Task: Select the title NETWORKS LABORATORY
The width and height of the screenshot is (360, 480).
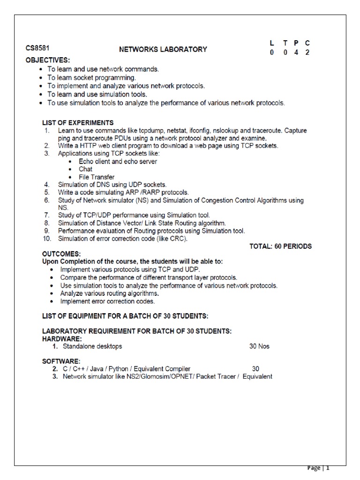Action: pyautogui.click(x=163, y=49)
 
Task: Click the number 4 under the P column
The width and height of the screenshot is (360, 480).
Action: pyautogui.click(x=296, y=52)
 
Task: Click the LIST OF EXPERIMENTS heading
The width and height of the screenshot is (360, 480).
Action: pyautogui.click(x=78, y=123)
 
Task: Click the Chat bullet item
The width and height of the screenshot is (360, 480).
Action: pyautogui.click(x=85, y=169)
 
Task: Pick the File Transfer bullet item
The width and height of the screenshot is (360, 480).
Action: pyautogui.click(x=97, y=177)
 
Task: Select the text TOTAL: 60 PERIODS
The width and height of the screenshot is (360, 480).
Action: pyautogui.click(x=280, y=246)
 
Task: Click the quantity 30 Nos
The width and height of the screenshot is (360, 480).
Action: pyautogui.click(x=259, y=346)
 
